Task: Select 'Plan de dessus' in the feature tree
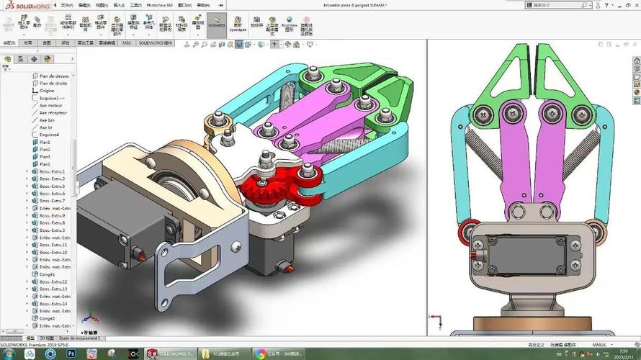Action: point(54,76)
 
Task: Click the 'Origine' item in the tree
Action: point(47,91)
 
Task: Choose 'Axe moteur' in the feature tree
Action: point(51,105)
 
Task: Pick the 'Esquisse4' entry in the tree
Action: point(49,135)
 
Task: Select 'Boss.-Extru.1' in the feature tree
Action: point(52,171)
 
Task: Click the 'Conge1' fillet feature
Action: point(47,274)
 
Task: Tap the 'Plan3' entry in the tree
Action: point(45,156)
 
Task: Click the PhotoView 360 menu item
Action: point(160,5)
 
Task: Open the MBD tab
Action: point(127,42)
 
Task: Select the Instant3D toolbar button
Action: point(216,24)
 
